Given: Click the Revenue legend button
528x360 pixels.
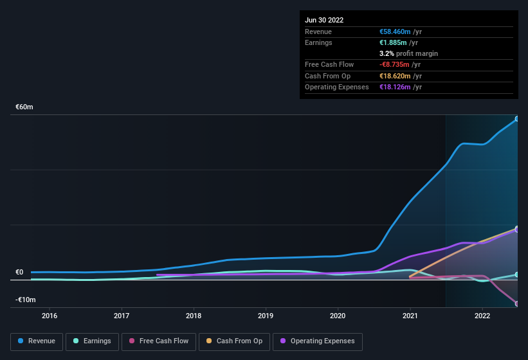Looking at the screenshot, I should click(37, 341).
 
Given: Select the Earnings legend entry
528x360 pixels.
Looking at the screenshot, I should click(92, 341).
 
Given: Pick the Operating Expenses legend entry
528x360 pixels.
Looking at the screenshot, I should click(318, 341).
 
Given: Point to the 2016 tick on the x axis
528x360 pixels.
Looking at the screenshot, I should click(50, 316).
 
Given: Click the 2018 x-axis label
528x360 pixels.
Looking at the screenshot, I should click(194, 316).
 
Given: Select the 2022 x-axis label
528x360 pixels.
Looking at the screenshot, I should click(482, 316).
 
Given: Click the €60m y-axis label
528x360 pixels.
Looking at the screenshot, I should click(24, 107).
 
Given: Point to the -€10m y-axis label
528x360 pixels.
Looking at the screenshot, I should click(26, 300).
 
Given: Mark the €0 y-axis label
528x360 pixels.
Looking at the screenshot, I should click(19, 272).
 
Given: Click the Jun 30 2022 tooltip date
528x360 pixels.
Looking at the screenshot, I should click(324, 20).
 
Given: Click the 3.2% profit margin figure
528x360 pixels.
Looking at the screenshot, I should click(387, 53).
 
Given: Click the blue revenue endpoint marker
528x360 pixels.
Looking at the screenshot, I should click(517, 119).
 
